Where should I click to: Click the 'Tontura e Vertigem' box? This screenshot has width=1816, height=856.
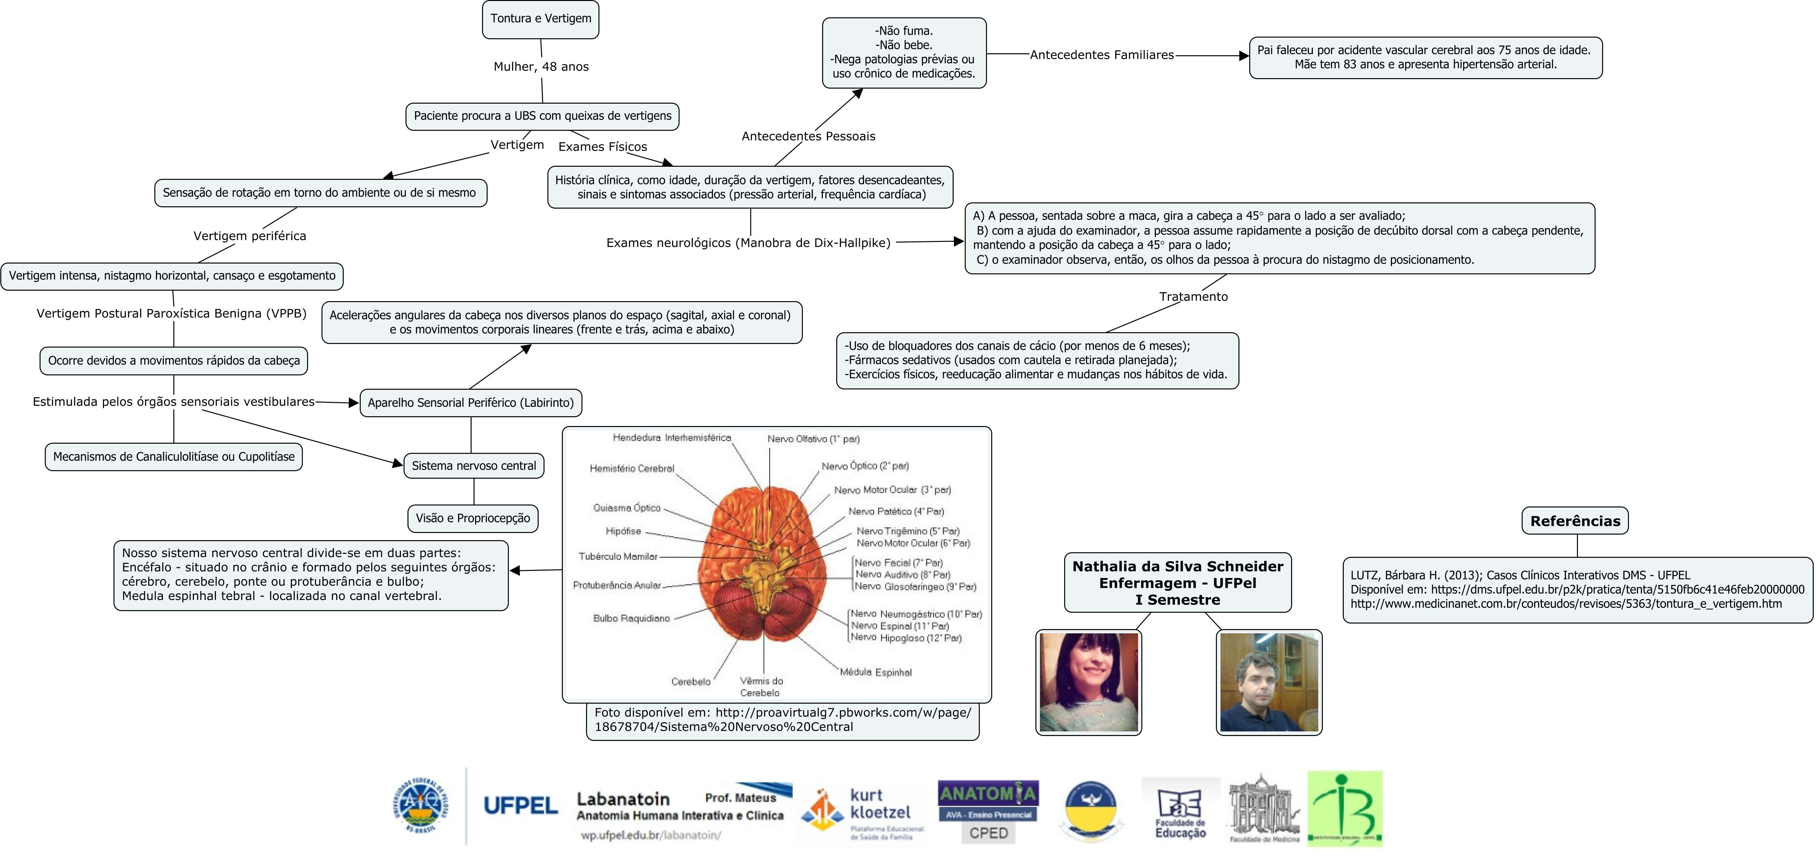[541, 19]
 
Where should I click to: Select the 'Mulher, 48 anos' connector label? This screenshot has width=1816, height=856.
[541, 67]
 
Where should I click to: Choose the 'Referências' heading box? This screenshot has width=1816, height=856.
[1575, 521]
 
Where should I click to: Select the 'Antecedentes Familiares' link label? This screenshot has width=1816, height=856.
[1102, 55]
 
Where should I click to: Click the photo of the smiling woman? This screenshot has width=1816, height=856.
[1088, 682]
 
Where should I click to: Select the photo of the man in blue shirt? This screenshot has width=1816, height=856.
[1269, 682]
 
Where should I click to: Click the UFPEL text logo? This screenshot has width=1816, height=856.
[520, 805]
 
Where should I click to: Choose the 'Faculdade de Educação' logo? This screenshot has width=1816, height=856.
[1180, 811]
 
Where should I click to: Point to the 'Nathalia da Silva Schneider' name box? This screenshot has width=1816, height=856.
[1177, 582]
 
